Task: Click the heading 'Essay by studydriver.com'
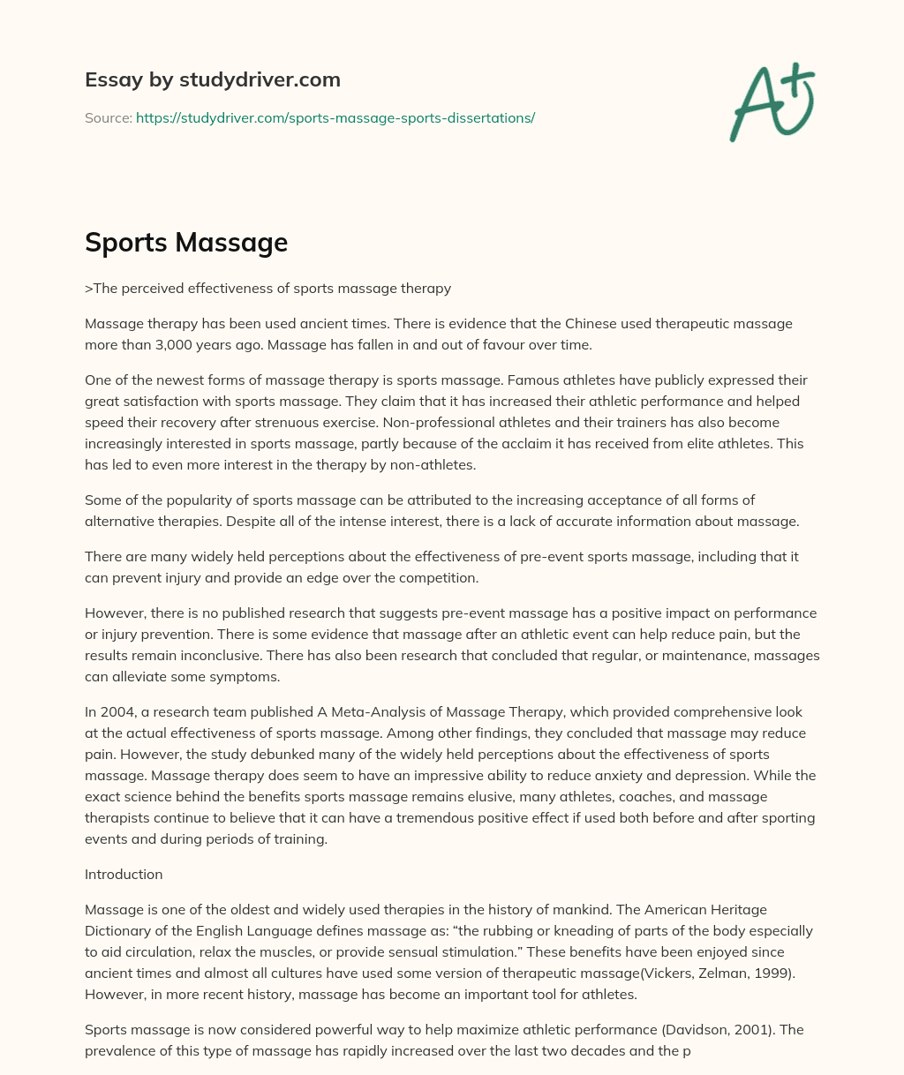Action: (x=212, y=79)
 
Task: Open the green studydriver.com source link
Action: (x=335, y=117)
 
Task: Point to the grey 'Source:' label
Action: (x=109, y=117)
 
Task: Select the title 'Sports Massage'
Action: (x=186, y=242)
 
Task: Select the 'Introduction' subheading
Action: (x=124, y=874)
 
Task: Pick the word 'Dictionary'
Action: (x=122, y=930)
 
